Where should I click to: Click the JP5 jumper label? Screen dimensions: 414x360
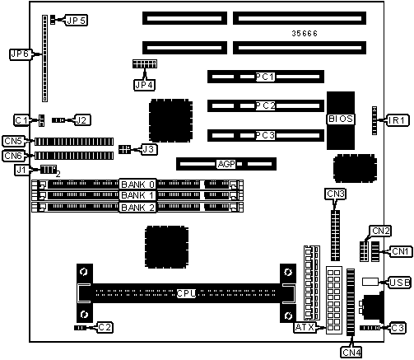pyautogui.click(x=76, y=21)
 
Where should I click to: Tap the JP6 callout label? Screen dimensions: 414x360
pyautogui.click(x=21, y=54)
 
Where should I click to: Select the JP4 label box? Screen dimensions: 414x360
pyautogui.click(x=144, y=85)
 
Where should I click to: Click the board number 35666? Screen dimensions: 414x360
pyautogui.click(x=305, y=34)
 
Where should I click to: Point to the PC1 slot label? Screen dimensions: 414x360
pyautogui.click(x=265, y=77)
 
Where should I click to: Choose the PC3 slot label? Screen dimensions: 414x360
pyautogui.click(x=265, y=135)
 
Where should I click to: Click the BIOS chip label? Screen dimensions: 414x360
pyautogui.click(x=341, y=119)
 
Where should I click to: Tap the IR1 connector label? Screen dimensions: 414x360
pyautogui.click(x=398, y=120)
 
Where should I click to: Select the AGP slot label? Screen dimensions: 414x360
pyautogui.click(x=226, y=164)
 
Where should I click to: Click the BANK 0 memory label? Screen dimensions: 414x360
pyautogui.click(x=137, y=185)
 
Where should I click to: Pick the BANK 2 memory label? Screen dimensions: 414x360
pyautogui.click(x=137, y=208)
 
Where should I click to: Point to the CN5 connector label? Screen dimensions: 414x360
pyautogui.click(x=13, y=141)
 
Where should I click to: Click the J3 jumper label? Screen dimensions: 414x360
pyautogui.click(x=149, y=149)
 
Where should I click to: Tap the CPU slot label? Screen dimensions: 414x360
pyautogui.click(x=186, y=293)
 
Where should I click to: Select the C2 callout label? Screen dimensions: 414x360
pyautogui.click(x=105, y=327)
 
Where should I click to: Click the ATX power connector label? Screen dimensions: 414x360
pyautogui.click(x=305, y=327)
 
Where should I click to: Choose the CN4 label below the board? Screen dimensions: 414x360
pyautogui.click(x=351, y=352)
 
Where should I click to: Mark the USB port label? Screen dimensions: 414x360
pyautogui.click(x=400, y=283)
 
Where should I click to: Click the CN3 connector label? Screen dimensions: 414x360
pyautogui.click(x=335, y=194)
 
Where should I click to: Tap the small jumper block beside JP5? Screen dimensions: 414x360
pyautogui.click(x=53, y=20)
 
